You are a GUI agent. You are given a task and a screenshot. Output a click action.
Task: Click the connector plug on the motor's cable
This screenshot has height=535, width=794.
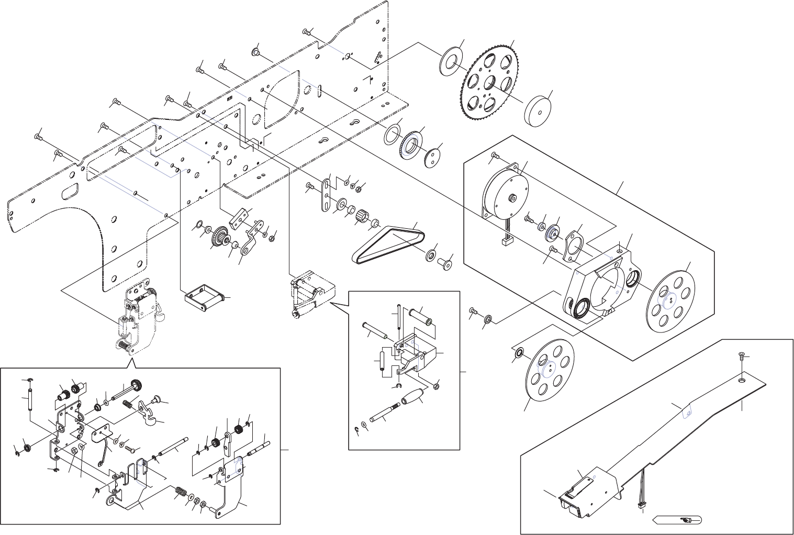507,242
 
